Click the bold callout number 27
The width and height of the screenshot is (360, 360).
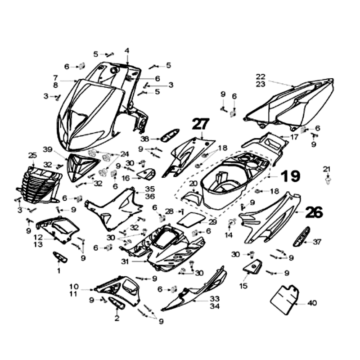click(x=201, y=124)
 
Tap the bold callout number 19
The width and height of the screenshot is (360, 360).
click(x=291, y=176)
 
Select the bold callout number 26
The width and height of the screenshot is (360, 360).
click(x=314, y=212)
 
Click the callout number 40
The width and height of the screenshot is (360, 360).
click(x=312, y=303)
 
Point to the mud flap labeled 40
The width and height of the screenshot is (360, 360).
click(x=284, y=297)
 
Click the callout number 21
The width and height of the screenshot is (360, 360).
click(x=327, y=169)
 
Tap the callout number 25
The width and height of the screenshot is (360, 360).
click(x=32, y=155)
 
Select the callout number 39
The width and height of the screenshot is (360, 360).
click(x=48, y=149)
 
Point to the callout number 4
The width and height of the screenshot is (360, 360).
click(x=127, y=50)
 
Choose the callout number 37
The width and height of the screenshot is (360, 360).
click(x=317, y=242)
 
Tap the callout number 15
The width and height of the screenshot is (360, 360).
click(x=243, y=286)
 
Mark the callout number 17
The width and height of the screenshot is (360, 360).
click(x=294, y=136)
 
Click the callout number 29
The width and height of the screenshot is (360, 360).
click(x=212, y=222)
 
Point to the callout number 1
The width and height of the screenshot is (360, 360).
click(x=58, y=271)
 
